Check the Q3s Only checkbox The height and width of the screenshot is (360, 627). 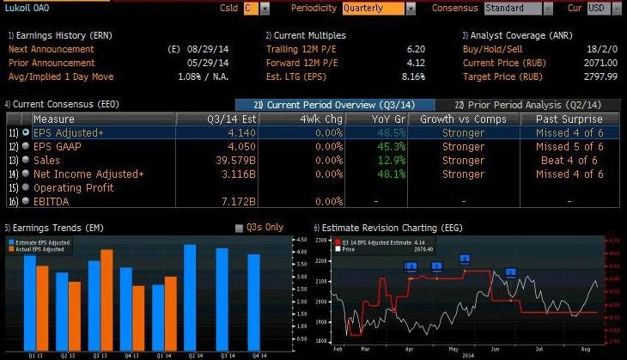pos(240,228)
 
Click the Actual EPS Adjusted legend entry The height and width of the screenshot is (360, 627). pos(42,249)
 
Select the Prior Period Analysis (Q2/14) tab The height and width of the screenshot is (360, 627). pos(527,104)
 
